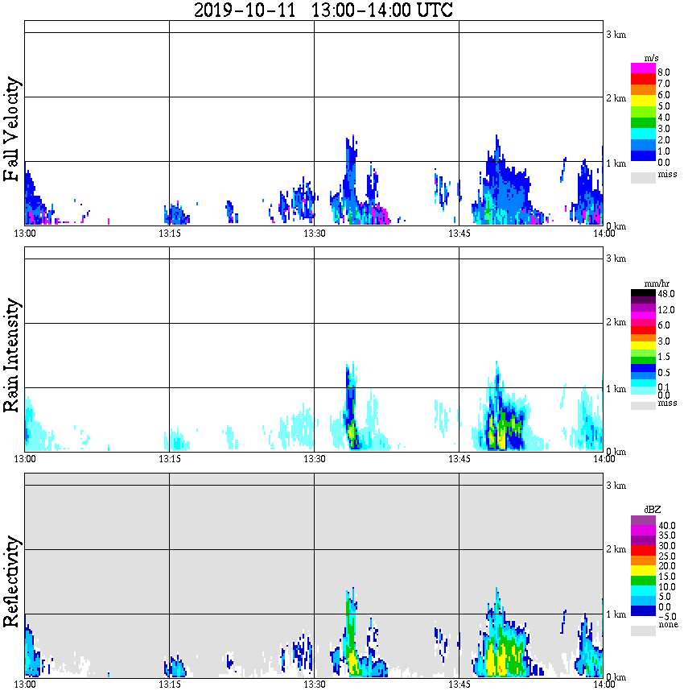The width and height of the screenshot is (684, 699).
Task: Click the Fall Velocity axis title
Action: (x=12, y=130)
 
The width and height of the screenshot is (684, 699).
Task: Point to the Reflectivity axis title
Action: (x=12, y=581)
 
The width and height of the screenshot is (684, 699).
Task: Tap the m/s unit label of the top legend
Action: (x=651, y=58)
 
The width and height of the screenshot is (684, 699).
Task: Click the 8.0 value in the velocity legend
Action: (x=664, y=72)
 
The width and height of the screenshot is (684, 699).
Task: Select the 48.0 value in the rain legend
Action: (x=665, y=295)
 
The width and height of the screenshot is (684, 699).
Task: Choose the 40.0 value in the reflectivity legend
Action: (x=665, y=525)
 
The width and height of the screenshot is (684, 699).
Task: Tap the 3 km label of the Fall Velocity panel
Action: (x=616, y=33)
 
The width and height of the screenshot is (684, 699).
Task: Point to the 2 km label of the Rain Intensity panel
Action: (x=616, y=323)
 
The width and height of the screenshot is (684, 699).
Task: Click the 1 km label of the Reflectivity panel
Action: (x=616, y=614)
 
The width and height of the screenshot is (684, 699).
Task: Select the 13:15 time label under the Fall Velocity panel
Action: (x=169, y=234)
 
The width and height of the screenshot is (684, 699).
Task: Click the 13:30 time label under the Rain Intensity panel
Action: (x=314, y=459)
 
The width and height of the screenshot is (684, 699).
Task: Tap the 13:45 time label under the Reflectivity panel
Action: (x=459, y=685)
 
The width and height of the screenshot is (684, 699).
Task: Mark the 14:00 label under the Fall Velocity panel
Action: (x=604, y=234)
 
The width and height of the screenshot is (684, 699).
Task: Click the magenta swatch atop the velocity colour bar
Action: (x=643, y=68)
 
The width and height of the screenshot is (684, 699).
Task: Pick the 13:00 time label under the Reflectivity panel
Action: (x=25, y=685)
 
